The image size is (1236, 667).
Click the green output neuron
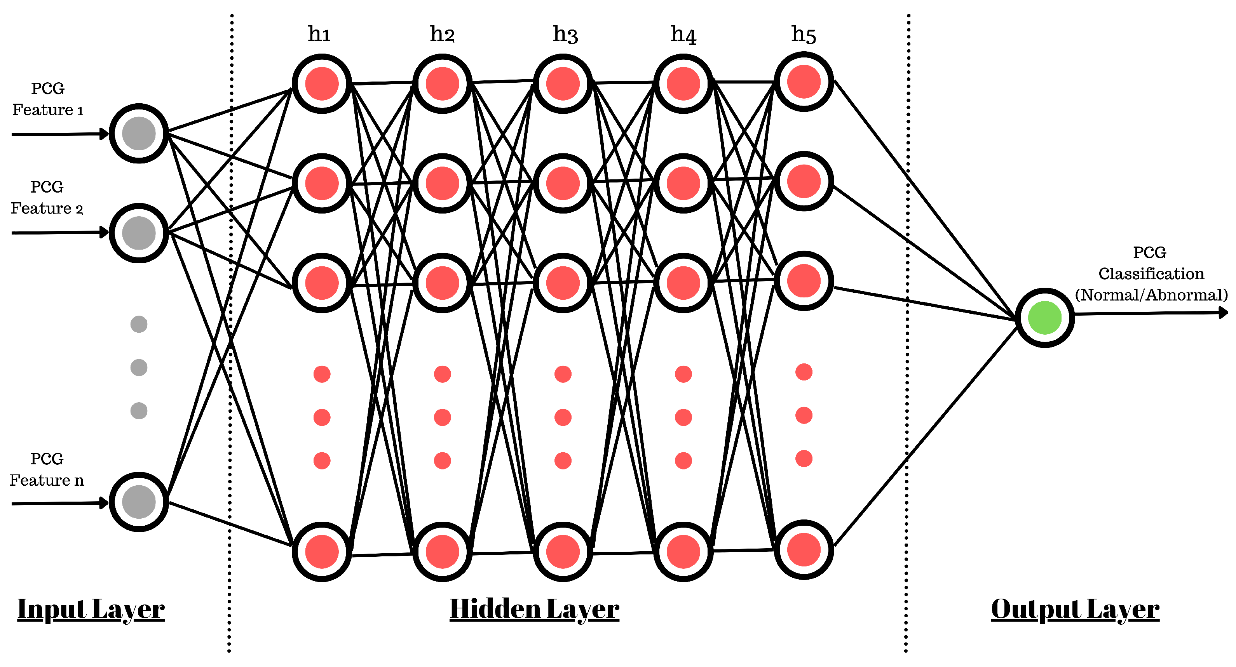point(1044,318)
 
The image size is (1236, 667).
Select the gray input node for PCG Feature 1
point(139,133)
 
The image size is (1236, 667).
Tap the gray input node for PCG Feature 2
point(139,233)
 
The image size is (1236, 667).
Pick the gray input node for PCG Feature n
point(139,502)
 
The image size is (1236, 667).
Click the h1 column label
point(319,34)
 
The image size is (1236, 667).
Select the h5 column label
point(803,35)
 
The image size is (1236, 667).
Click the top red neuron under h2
point(442,84)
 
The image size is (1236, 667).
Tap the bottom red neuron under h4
point(683,551)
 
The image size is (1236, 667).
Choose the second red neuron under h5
point(803,181)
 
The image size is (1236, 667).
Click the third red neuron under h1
point(321,283)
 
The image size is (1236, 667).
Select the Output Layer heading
point(1075,609)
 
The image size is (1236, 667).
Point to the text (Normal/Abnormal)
point(1151,294)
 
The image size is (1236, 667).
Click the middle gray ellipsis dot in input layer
point(139,367)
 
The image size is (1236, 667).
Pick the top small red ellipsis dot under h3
point(562,373)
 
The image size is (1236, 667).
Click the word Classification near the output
point(1151,273)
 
